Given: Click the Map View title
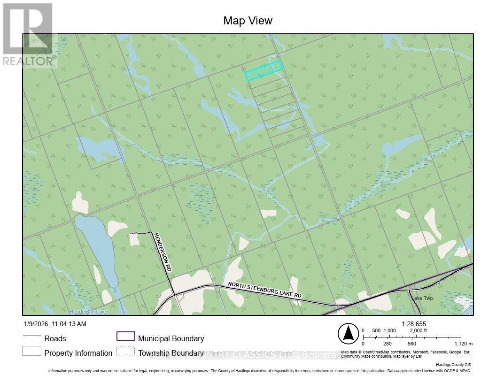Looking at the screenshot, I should [x=248, y=21].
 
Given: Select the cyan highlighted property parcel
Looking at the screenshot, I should [x=263, y=70].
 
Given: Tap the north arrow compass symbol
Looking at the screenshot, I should [x=348, y=334].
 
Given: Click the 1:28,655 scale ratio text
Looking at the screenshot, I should [x=414, y=324].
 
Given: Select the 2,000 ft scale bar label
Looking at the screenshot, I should [x=419, y=330].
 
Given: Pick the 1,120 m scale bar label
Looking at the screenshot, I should [x=464, y=344].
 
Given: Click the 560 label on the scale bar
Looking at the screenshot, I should [x=412, y=344].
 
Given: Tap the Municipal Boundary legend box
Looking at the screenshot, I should [x=125, y=336].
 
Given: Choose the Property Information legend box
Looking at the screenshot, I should [x=31, y=351].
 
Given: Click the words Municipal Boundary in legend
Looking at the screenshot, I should [x=171, y=338].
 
